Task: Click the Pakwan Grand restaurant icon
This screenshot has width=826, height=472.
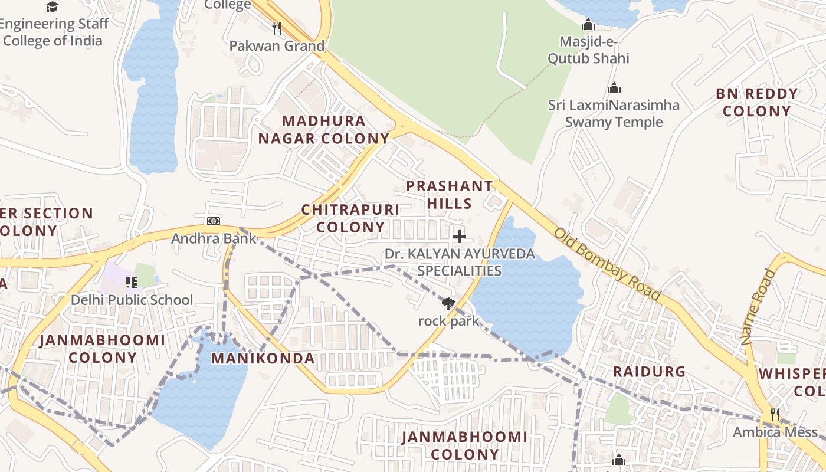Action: click(x=276, y=27)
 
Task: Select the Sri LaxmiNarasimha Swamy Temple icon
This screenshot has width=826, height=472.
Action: click(x=614, y=88)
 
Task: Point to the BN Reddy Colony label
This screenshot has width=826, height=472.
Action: click(x=756, y=102)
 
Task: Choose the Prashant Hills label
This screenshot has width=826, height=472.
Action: click(x=450, y=195)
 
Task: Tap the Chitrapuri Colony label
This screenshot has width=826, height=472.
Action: click(x=350, y=218)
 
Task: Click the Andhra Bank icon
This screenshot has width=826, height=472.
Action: click(x=213, y=221)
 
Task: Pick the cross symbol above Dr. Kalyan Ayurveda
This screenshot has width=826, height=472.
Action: click(x=459, y=237)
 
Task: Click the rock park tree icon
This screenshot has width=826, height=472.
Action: click(x=448, y=304)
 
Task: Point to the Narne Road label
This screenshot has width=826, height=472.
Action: click(x=757, y=307)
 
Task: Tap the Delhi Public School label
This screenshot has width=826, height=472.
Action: click(x=132, y=300)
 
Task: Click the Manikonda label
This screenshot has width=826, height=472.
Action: click(x=263, y=358)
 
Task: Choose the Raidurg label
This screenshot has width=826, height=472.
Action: click(x=649, y=372)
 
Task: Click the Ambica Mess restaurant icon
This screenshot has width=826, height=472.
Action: click(x=775, y=414)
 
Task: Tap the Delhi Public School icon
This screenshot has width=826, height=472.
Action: click(x=132, y=283)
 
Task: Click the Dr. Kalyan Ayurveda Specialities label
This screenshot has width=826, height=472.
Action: click(x=460, y=263)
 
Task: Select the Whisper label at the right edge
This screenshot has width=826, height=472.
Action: click(x=792, y=382)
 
